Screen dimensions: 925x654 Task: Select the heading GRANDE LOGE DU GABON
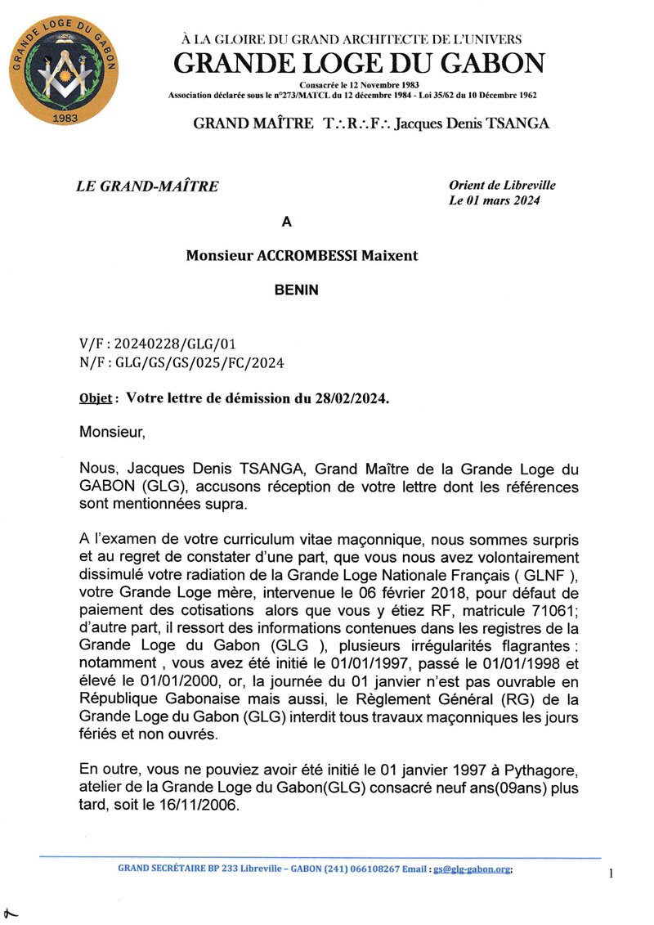[x=359, y=63]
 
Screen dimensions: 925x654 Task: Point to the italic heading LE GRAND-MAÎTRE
[x=147, y=186]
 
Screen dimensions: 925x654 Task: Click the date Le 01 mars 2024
[x=495, y=201]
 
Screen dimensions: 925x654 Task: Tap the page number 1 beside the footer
[x=611, y=874]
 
